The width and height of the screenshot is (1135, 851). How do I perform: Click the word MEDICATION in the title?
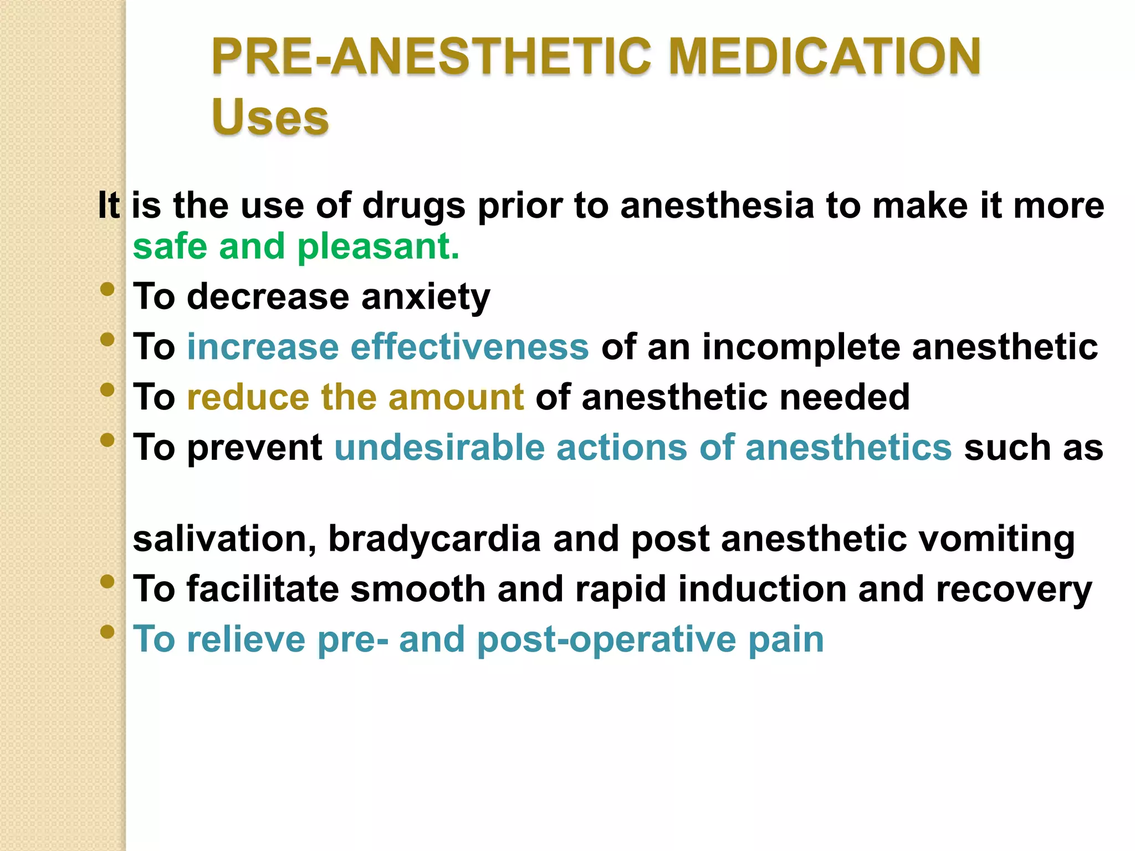(x=825, y=57)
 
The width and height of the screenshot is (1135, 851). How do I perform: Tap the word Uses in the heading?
(x=270, y=117)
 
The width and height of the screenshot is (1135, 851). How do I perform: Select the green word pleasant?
(x=379, y=247)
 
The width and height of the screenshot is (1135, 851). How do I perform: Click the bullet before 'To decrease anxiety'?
(x=108, y=289)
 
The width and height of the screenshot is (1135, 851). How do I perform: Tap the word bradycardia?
(x=434, y=539)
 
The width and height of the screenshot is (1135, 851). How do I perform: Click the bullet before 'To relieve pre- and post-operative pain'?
(x=108, y=632)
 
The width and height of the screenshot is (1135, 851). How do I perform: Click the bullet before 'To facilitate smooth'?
(x=108, y=581)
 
